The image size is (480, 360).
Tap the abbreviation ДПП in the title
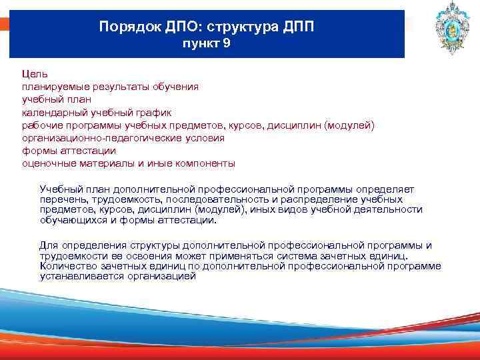coord(295,28)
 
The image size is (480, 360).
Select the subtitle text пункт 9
coord(206,45)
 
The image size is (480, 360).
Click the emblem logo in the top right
coord(441,29)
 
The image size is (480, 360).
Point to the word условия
coord(205,137)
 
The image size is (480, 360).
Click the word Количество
coord(66,265)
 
